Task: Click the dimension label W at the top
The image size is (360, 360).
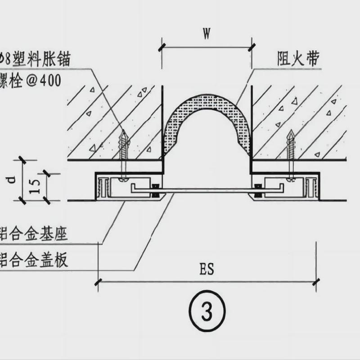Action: pyautogui.click(x=207, y=35)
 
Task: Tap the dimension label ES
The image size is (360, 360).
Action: pyautogui.click(x=207, y=270)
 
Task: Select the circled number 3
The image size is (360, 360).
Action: pyautogui.click(x=207, y=311)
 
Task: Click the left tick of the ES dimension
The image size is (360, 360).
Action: pyautogui.click(x=98, y=282)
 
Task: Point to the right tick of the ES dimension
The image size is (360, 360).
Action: pyautogui.click(x=315, y=282)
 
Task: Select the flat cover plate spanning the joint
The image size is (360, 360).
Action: pyautogui.click(x=207, y=191)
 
